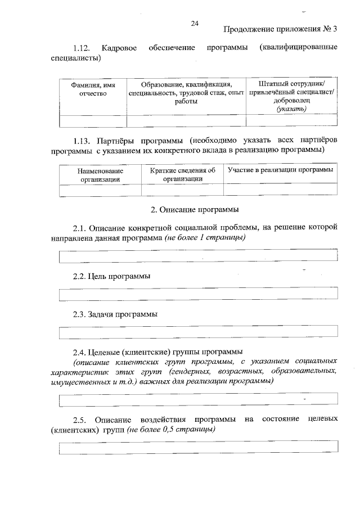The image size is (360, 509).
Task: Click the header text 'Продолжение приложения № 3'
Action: [280, 29]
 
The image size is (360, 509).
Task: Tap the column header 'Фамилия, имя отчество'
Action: [93, 88]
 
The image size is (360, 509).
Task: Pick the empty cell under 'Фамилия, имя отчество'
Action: [93, 120]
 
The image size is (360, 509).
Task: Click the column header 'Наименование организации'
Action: [100, 174]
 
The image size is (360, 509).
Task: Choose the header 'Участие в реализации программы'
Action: [280, 169]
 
